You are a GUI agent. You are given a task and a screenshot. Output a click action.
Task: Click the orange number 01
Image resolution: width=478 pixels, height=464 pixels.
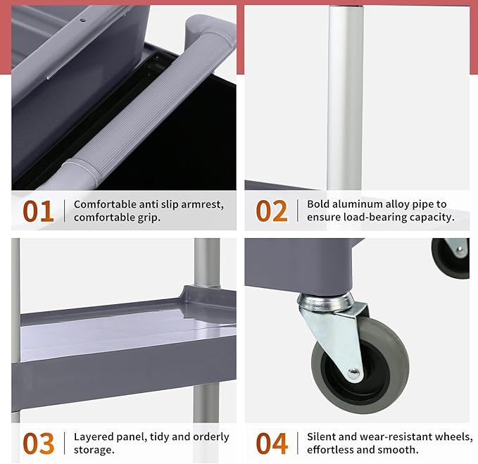pos(39,211)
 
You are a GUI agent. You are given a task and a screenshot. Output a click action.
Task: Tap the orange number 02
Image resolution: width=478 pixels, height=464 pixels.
pos(272,211)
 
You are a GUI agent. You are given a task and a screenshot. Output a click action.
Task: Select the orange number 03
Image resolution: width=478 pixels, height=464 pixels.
pos(39,444)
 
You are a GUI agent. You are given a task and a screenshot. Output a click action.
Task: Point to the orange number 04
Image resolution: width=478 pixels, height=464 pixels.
pos(272,444)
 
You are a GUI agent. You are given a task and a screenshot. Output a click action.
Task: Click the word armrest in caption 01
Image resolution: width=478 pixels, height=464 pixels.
pos(202,205)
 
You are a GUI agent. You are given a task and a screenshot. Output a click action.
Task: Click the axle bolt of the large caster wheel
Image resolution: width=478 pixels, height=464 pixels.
pos(353,373)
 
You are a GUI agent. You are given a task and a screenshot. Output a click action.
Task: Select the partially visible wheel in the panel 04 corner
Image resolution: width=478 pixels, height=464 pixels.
pos(451,258)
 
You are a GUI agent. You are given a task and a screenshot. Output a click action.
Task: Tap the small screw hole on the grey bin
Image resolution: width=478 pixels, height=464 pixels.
pos(82,20)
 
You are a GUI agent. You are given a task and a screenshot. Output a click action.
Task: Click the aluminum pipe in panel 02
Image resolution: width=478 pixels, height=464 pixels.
pos(345,98)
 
